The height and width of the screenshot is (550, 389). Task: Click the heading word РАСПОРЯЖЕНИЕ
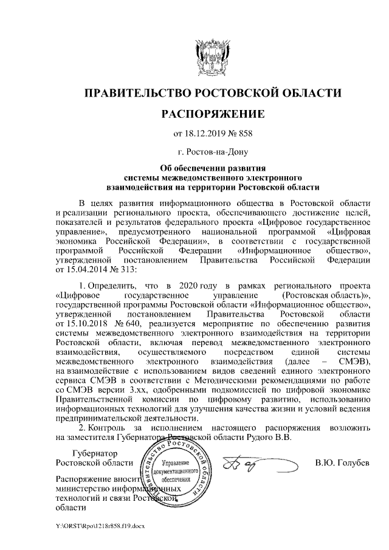coord(212,114)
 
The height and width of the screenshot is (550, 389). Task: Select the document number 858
coord(243,134)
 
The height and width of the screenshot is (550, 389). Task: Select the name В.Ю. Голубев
coord(342,464)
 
